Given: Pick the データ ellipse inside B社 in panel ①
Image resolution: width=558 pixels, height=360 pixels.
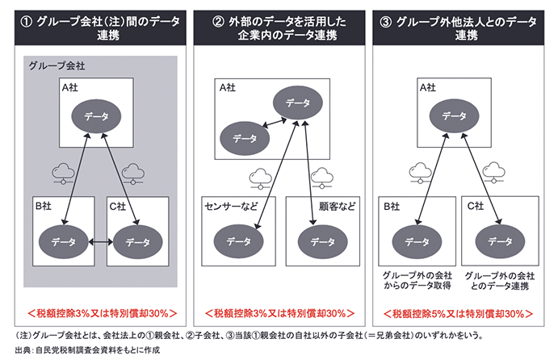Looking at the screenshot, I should click(63, 241).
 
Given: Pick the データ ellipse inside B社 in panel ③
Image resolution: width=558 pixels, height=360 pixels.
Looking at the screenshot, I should click(417, 241).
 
